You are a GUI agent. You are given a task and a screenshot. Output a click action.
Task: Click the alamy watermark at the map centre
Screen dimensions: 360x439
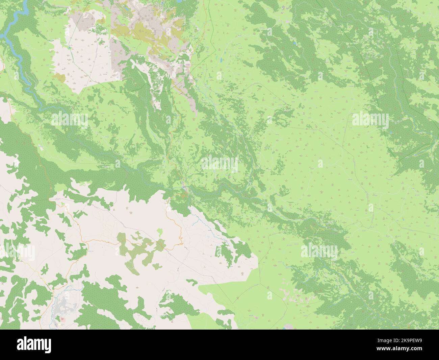click(x=219, y=164)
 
